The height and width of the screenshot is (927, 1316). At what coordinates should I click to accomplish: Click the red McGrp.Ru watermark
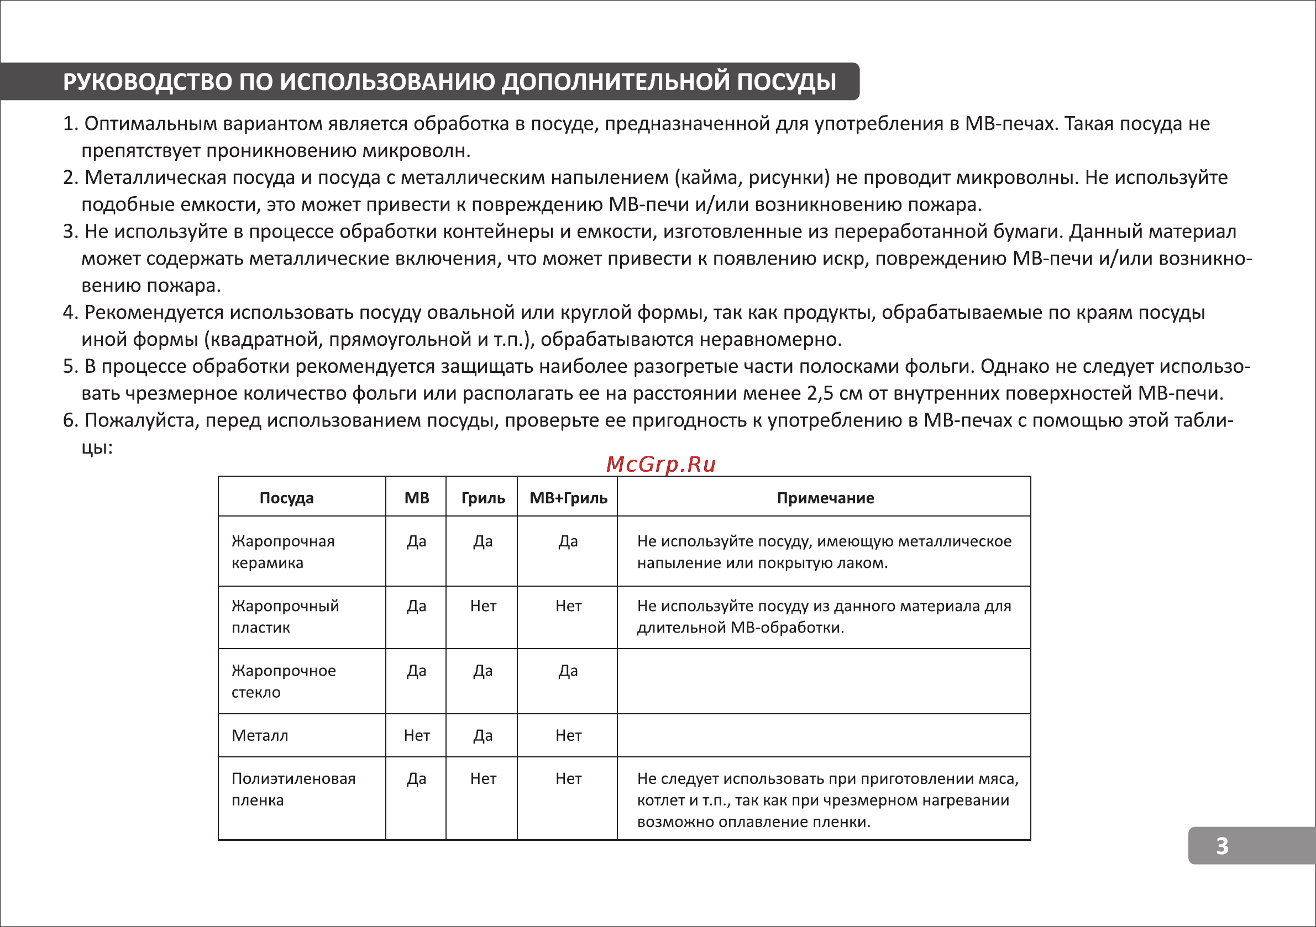660,464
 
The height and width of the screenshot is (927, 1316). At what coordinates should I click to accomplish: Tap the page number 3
1222,846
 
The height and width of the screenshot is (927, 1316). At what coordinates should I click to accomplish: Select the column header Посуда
287,498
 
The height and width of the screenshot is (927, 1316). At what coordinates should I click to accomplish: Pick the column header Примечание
825,498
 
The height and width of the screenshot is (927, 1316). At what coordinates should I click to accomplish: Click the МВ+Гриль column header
568,498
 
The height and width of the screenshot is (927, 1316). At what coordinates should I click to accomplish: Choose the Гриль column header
483,498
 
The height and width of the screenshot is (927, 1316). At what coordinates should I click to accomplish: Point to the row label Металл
260,735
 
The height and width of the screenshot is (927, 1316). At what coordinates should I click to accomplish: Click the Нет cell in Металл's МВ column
417,735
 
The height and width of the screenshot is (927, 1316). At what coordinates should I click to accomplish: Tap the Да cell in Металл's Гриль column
483,735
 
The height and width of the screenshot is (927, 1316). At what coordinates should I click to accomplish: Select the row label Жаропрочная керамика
282,552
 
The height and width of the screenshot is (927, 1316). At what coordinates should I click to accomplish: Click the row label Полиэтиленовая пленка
293,789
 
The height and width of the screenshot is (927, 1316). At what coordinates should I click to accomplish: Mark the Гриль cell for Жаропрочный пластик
483,605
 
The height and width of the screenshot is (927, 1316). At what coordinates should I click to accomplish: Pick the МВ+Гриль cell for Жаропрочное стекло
568,670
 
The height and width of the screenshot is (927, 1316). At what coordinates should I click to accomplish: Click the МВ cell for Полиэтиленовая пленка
417,778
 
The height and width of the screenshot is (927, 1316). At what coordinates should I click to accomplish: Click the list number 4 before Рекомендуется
69,313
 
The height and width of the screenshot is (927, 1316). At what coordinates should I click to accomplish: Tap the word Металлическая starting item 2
155,177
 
